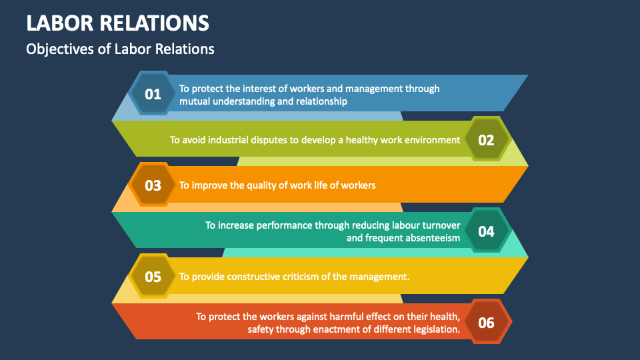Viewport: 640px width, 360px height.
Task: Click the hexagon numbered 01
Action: tap(153, 93)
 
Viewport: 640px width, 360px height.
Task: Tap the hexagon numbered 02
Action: tap(486, 139)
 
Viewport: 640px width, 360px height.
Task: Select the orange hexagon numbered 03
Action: tap(153, 185)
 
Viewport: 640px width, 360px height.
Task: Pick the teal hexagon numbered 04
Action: tap(486, 231)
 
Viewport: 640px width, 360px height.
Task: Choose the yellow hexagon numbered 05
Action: tap(153, 276)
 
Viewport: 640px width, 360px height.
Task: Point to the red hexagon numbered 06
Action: tap(486, 322)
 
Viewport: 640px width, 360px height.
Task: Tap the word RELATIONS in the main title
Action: tap(155, 23)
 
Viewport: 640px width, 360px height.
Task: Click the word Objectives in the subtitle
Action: tap(60, 49)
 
